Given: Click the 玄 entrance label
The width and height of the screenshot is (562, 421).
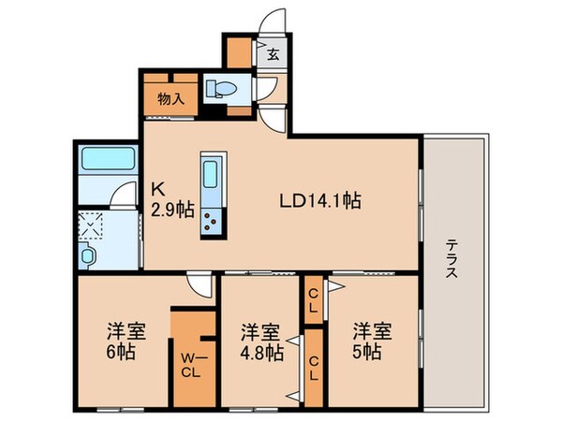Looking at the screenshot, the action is coord(273,55).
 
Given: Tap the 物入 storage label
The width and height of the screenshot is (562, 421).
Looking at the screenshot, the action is coord(171,98).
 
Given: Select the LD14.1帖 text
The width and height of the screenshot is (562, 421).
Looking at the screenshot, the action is coord(320,201).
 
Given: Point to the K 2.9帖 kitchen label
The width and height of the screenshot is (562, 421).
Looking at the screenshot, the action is coord(172,200).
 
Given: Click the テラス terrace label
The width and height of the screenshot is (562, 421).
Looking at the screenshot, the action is coord(451,259).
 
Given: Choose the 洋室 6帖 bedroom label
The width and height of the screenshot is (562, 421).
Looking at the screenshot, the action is coord(126,341).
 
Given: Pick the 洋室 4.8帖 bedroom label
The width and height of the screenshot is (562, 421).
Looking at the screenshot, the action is coord(261,342).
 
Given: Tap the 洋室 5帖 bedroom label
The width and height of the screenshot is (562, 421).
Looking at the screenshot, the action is coord(373,341).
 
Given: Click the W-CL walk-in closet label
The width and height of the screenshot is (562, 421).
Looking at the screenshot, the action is coord(190,365).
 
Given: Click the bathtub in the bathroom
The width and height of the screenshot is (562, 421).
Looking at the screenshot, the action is coord(109,159).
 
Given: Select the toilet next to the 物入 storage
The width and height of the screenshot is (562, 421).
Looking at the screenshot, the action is coord(222,88).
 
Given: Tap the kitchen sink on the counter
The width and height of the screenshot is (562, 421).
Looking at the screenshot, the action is coord(211,174).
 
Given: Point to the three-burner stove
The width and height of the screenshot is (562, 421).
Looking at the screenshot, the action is coord(211,222).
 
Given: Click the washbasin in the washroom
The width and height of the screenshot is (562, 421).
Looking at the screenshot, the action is coord(87,255).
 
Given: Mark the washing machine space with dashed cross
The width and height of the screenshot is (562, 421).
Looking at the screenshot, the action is coord(90,225).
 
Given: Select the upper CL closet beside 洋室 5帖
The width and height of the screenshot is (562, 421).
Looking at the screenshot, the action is coord(313,300).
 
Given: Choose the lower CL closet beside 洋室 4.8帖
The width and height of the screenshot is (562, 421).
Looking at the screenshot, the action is coord(314,368).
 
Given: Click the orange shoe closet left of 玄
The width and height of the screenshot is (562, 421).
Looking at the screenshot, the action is coord(239,52).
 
